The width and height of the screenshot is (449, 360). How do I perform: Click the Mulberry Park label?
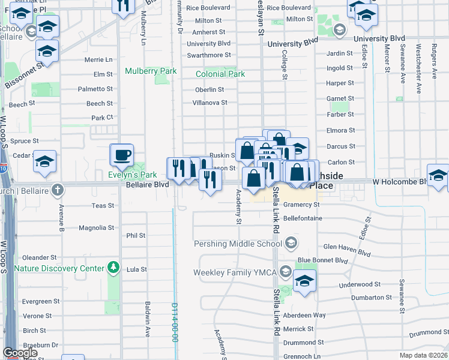[151, 71]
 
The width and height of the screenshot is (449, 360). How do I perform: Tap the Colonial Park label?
[220, 74]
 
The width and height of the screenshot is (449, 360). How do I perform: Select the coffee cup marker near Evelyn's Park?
[122, 155]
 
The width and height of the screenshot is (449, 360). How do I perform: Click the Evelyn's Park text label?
[132, 175]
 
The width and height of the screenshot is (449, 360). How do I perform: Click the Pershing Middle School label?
[237, 244]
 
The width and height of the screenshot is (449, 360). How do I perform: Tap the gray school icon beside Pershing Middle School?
[291, 243]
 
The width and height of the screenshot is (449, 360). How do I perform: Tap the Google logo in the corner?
[20, 353]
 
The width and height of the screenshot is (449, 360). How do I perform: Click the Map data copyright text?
[423, 355]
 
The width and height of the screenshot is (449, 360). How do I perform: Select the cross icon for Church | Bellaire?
[57, 190]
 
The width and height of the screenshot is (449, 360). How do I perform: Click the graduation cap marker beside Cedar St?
[44, 161]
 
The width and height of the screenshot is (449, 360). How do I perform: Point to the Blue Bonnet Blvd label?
[322, 260]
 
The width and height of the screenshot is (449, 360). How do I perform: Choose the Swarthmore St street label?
[208, 55]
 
